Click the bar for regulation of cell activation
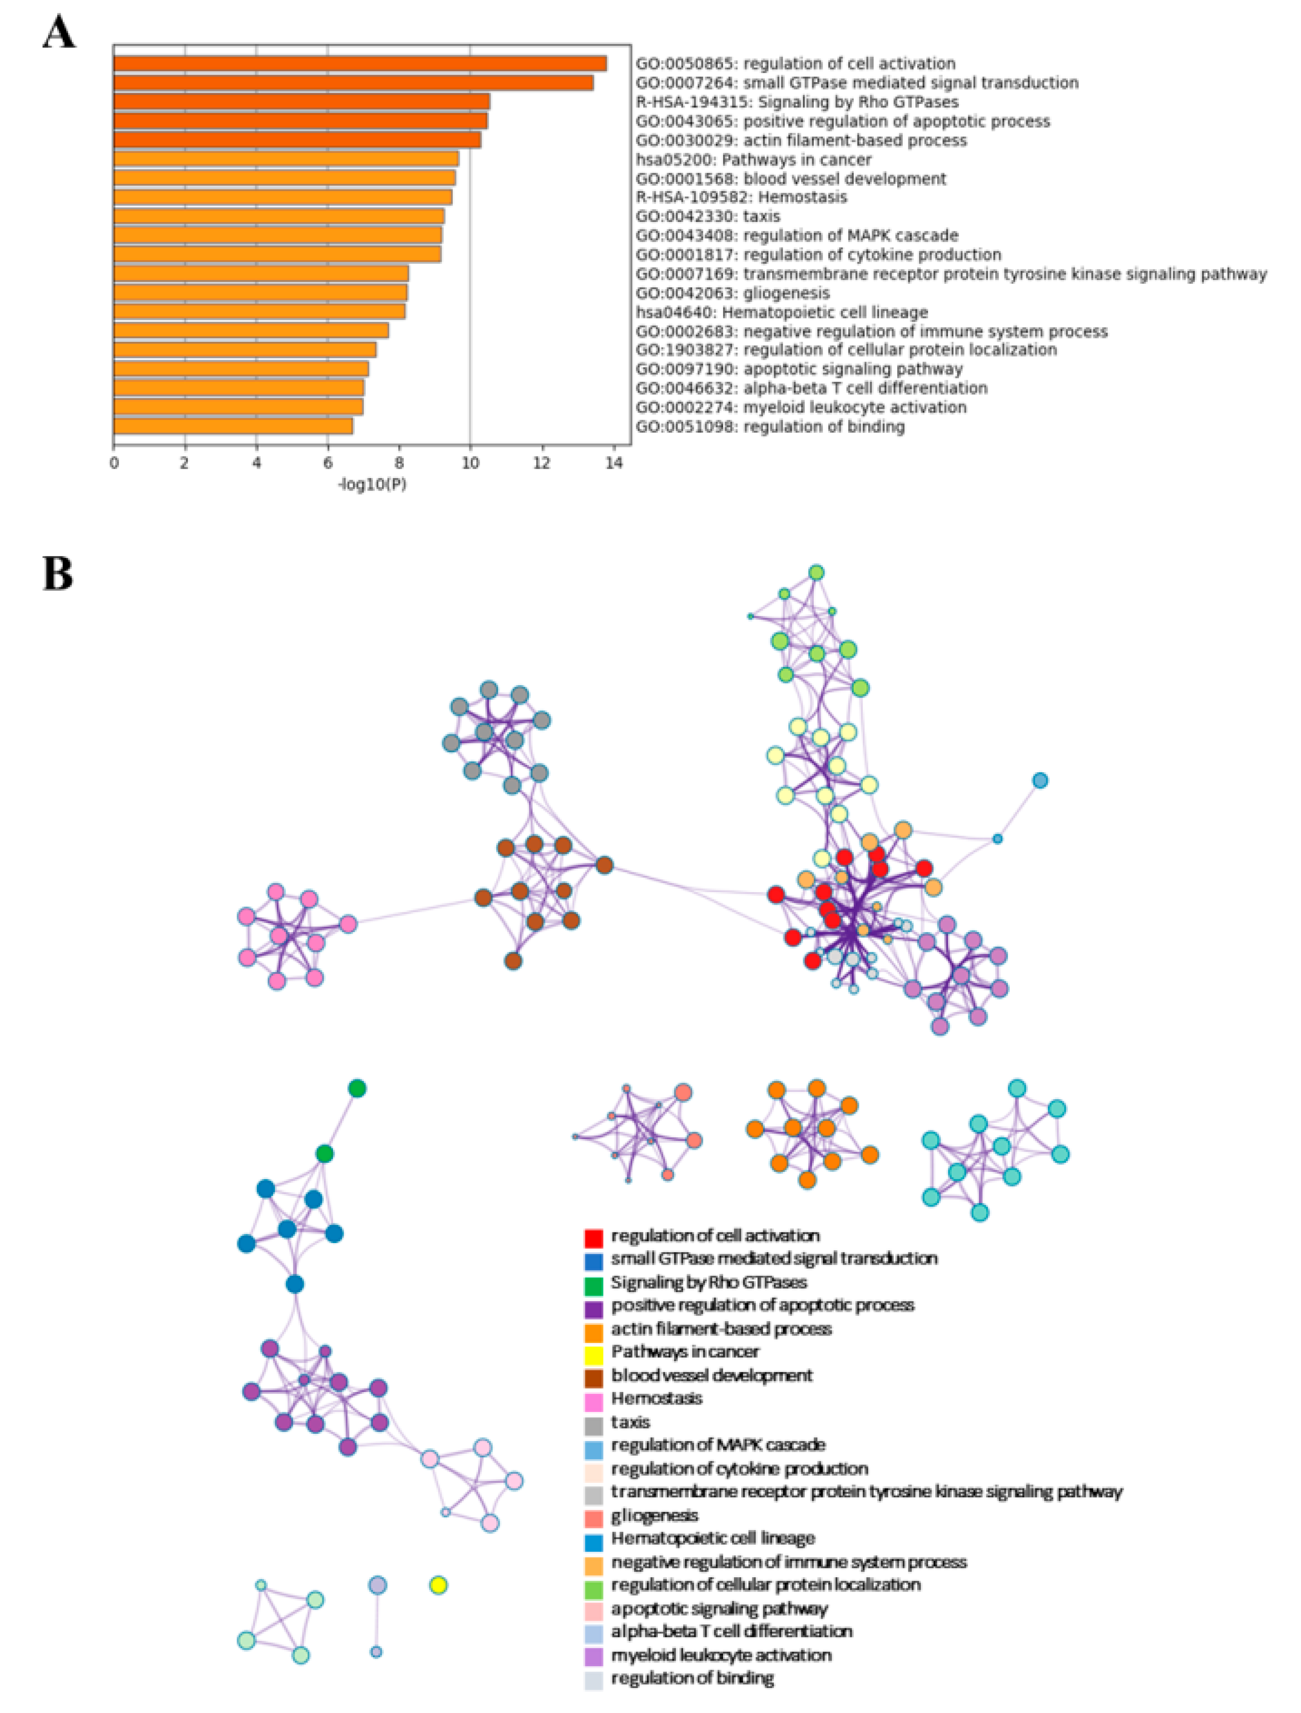pos(360,64)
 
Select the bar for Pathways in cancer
pos(287,159)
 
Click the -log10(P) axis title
pos(373,485)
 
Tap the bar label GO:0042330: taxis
pos(708,216)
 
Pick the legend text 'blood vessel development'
pos(712,1375)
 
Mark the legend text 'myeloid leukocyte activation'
pos(721,1655)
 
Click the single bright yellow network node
pos(438,1585)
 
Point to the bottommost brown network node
pos(513,961)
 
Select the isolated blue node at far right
pos(1040,780)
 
